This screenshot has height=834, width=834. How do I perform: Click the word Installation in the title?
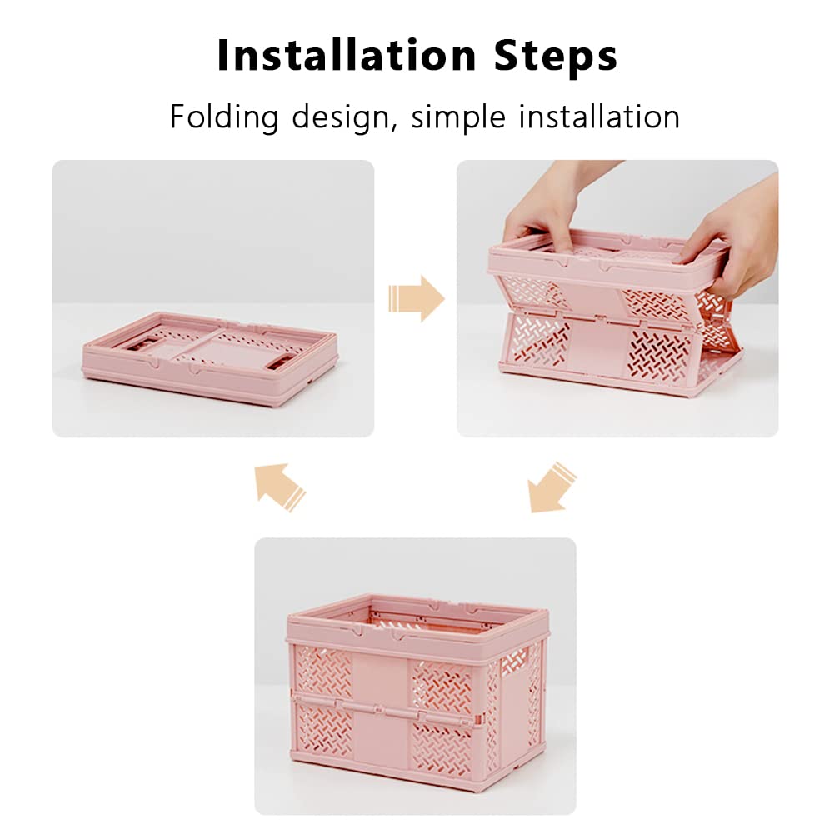[x=347, y=55]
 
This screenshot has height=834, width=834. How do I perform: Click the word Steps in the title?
[x=556, y=57]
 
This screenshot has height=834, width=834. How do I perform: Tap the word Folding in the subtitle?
[x=224, y=117]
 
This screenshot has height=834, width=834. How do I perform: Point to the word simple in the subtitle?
[x=458, y=117]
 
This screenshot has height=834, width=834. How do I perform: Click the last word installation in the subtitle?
[x=599, y=117]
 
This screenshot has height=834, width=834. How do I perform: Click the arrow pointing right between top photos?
[x=417, y=298]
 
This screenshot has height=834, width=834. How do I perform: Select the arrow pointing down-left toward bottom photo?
[x=551, y=487]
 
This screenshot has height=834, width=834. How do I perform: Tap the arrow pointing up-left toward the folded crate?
[x=280, y=487]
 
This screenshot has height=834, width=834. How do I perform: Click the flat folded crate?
[x=210, y=358]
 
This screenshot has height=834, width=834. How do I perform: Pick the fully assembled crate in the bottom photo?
[x=417, y=692]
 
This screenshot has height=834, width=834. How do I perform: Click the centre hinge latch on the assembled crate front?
[x=378, y=709]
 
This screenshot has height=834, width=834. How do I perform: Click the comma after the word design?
[x=393, y=127]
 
